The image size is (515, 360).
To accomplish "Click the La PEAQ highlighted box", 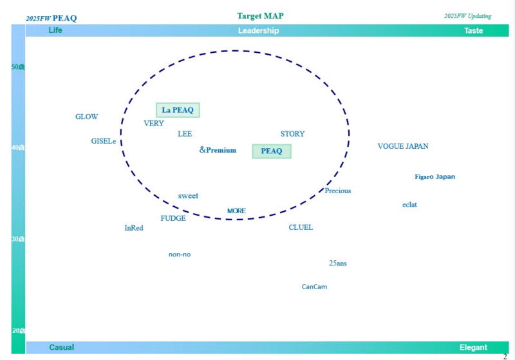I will pos(178,110).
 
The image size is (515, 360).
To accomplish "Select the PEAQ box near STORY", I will pos(272,151).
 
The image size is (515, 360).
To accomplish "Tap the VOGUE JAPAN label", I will pos(403,146).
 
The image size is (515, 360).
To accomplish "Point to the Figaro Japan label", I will pos(435,176).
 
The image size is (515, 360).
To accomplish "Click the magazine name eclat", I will pos(409,205).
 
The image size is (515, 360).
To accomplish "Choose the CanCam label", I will pos(314,287).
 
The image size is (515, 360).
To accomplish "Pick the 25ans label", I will pos(338,263).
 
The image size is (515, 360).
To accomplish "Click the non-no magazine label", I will pos(180,254).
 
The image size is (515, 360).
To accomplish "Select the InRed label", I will pos(134,228).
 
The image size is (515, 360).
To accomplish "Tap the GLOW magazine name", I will pos(87,117).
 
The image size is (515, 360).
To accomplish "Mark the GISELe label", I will pos(104,141).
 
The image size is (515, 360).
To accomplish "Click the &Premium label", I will pos(218,150).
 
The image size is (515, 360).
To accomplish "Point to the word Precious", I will pos(338,191).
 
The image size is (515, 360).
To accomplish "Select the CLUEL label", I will pos(301,227).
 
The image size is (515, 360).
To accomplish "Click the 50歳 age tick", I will pos(18,67).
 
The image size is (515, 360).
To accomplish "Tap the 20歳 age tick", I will pos(18,330).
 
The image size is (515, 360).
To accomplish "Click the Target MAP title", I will pos(260,15).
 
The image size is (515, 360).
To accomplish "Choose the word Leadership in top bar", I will pos(258,31).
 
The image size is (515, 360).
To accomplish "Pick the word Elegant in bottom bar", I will pos(473,348).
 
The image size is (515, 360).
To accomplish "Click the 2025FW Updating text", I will pos(467,16).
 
